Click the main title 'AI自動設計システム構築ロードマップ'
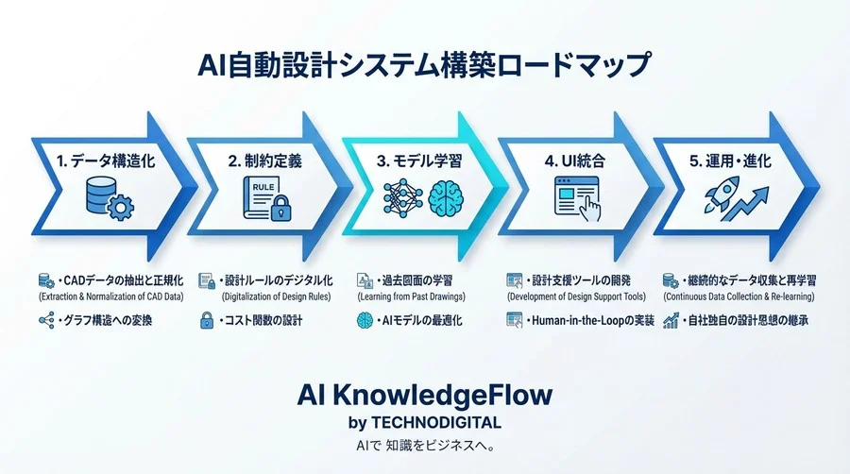pos(424,65)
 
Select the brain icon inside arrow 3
pos(448,199)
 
